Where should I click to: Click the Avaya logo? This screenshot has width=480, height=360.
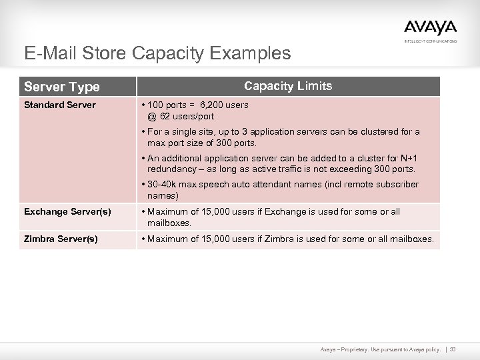[x=430, y=27]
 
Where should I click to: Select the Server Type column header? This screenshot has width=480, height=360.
[x=62, y=87]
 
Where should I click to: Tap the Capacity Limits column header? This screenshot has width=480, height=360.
[x=288, y=86]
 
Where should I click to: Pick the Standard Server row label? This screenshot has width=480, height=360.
[x=60, y=105]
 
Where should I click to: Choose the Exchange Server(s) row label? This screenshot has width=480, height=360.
[x=67, y=212]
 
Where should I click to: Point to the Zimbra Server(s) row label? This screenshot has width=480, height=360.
[x=61, y=238]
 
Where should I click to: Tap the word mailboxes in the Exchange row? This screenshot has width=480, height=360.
[x=169, y=223]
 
